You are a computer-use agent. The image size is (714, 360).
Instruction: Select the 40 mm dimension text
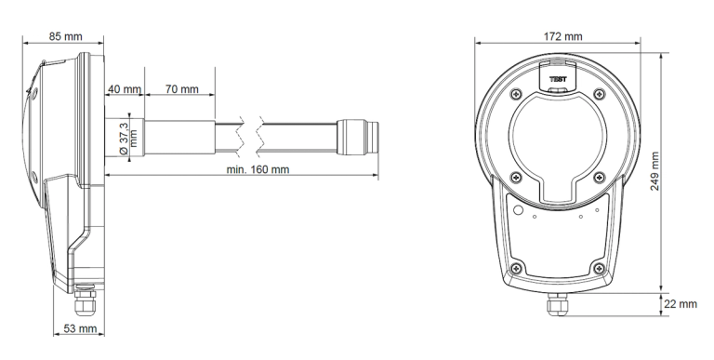coord(125,89)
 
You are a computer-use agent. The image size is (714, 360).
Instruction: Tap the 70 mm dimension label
coord(182,89)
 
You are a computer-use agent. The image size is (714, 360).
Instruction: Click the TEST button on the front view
coord(558,79)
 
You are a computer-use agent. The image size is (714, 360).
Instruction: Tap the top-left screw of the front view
coord(513,91)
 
